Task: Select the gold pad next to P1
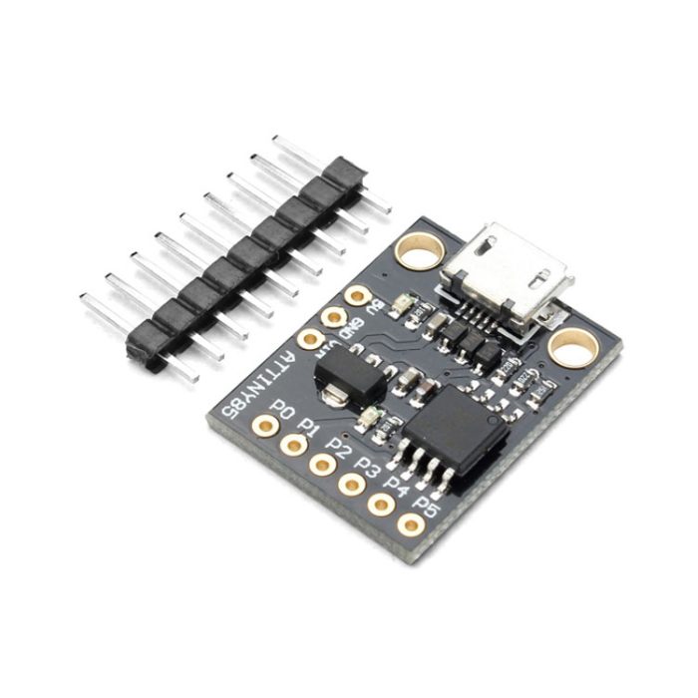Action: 293,445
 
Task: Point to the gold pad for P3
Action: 351,485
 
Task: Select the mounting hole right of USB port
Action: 573,347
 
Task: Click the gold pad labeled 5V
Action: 357,296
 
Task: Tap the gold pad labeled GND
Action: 333,318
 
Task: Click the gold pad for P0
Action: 264,427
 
